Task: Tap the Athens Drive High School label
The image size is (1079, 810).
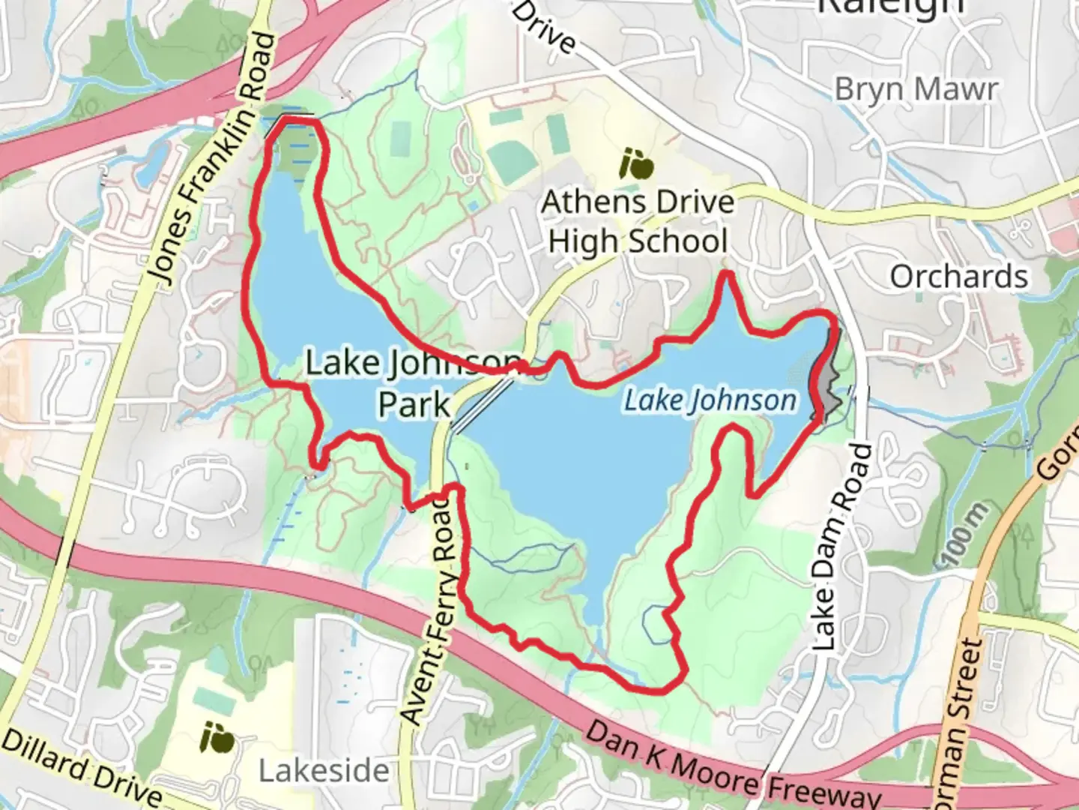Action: (638, 222)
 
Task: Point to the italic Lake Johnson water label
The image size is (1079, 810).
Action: (710, 400)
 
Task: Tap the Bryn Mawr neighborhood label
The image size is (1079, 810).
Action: (916, 88)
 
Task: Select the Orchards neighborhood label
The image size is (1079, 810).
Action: (958, 277)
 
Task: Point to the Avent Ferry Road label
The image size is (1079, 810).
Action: (430, 607)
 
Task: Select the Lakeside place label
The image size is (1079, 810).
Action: (324, 770)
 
